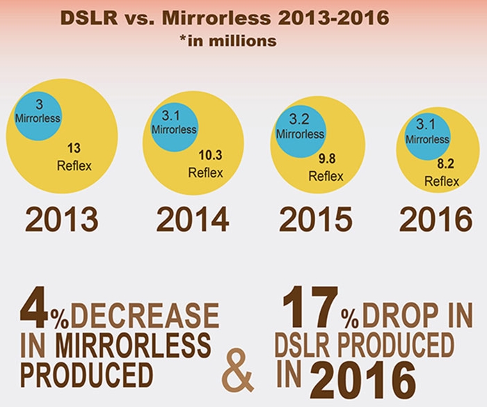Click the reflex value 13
point(74,149)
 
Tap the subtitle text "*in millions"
point(227,41)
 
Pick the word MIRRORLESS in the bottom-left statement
point(134,344)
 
